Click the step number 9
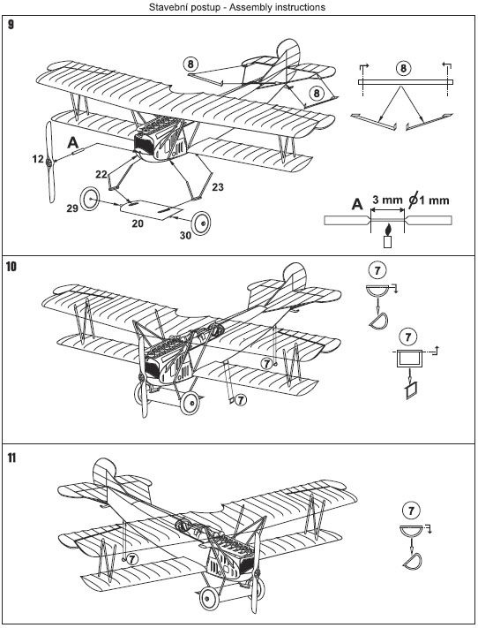11,25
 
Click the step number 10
11,267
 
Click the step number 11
11,458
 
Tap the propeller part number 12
38,159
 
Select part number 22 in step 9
101,174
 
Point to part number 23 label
218,187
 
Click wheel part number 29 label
72,208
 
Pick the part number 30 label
185,236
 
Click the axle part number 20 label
138,223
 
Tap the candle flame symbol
387,230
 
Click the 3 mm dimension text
387,200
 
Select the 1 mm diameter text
429,200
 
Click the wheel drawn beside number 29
90,199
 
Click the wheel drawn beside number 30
201,223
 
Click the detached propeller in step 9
50,163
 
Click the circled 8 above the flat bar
403,68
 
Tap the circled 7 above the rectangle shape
407,337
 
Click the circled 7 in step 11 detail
412,511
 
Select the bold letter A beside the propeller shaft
72,142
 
